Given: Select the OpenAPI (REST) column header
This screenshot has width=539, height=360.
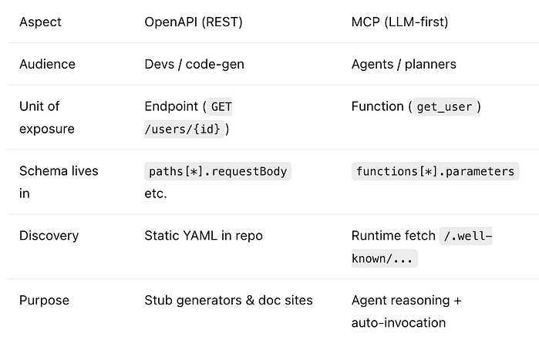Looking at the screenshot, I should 194,22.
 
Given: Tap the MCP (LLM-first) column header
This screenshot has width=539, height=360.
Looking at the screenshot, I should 399,22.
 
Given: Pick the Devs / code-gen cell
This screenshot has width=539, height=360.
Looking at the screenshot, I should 194,64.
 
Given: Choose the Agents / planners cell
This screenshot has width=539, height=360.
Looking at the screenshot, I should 403,64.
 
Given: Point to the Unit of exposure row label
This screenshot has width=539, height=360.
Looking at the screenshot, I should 46,117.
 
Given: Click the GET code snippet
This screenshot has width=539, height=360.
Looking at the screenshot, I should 221,106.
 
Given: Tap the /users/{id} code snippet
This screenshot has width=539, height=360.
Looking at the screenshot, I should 184,129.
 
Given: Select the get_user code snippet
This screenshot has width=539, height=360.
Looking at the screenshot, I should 443,106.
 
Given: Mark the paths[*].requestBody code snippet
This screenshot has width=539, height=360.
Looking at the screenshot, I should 218,171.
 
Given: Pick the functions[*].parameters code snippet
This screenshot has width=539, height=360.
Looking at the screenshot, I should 435,171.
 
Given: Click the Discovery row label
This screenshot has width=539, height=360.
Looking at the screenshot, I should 49,235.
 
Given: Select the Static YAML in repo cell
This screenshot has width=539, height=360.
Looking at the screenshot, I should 204,235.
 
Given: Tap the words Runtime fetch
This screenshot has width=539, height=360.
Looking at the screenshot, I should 392,235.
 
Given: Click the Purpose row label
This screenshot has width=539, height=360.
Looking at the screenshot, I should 44,300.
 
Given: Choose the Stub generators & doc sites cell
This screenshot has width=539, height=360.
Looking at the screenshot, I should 228,300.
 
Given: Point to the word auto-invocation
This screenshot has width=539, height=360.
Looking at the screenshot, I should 399,322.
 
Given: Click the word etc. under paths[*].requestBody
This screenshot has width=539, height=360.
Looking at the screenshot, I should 156,193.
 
